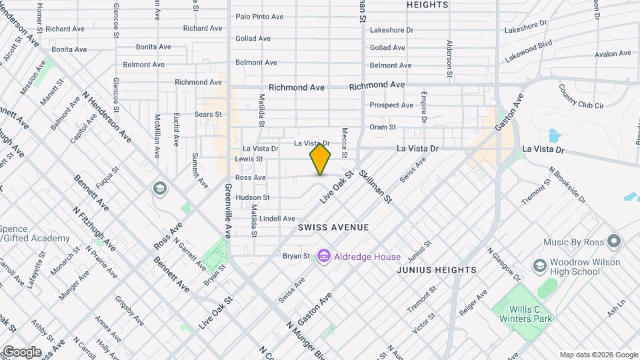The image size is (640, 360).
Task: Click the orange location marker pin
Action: coord(320,159)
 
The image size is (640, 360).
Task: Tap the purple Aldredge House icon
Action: coord(324,256)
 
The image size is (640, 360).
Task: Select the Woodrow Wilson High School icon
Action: coord(538,266)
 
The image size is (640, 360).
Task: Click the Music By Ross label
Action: coord(572,242)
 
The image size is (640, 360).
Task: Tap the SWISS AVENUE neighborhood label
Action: coord(333,227)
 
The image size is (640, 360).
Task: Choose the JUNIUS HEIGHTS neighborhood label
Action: coord(437,270)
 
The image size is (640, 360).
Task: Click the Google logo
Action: coord(21,351)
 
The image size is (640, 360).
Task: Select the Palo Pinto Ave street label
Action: coord(259,16)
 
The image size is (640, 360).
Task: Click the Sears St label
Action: coord(209,115)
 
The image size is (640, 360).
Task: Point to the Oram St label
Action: coord(383,127)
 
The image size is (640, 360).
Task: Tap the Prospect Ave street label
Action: coord(391,105)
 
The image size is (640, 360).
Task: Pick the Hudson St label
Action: coord(252,197)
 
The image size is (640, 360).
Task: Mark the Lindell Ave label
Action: coord(277,219)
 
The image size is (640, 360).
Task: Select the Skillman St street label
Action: coord(375,187)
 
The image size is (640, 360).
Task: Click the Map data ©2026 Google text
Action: coord(598,355)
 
